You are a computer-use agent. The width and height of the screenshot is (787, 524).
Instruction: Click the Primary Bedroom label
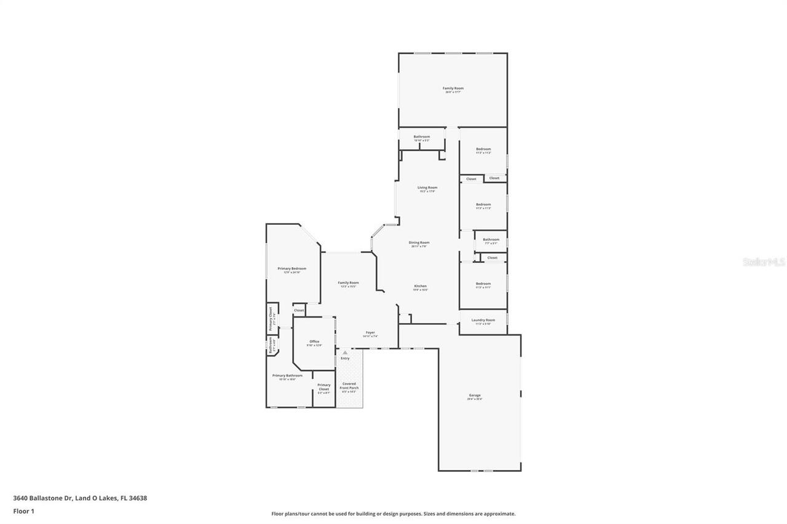(x=291, y=268)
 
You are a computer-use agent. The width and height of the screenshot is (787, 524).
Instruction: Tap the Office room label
(x=314, y=342)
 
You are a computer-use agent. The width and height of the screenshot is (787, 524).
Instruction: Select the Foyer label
(x=370, y=332)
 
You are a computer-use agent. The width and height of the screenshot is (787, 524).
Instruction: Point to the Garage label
(x=475, y=395)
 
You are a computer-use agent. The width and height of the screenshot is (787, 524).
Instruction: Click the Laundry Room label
(x=483, y=320)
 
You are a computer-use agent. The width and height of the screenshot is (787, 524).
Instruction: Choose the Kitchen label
(x=420, y=286)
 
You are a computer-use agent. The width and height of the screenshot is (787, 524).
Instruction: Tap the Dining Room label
(x=419, y=243)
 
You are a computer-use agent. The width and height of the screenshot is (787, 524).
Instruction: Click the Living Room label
(x=427, y=187)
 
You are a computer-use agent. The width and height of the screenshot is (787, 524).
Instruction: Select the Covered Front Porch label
(x=349, y=386)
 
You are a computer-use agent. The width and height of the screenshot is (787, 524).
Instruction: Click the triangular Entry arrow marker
(x=345, y=352)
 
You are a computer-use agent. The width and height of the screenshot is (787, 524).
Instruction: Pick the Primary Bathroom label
(x=287, y=375)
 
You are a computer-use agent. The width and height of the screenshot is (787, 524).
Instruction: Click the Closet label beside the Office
(x=299, y=311)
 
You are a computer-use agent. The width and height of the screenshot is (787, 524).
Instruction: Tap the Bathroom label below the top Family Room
(x=421, y=137)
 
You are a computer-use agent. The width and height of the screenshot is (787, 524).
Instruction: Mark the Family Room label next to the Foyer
(x=348, y=283)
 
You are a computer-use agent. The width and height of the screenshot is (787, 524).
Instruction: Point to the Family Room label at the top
(x=453, y=88)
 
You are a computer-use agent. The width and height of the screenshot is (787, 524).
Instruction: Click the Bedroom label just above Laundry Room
(x=483, y=284)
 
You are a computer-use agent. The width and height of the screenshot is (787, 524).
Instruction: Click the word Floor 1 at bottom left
(x=23, y=511)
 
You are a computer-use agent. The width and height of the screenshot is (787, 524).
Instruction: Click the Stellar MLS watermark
(x=764, y=262)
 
